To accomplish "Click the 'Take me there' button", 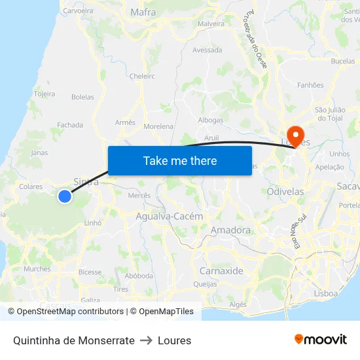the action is point(179,160).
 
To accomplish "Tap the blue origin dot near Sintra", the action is point(64,196).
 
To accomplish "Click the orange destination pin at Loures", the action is point(296,135).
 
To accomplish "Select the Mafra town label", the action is point(143,12).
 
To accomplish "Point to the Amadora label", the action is point(230,230).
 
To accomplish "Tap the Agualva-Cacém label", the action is point(170,216).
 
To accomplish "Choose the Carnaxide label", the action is point(221,271).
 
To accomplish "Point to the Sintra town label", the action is point(86,182).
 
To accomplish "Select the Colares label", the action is point(31,187).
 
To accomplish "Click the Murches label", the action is point(37,268).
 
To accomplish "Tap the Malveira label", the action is point(211,24).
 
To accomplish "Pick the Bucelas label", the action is point(343,61).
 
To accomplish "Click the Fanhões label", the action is point(310,85).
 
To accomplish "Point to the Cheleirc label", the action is point(142,76).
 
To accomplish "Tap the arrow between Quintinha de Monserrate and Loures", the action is point(146,340).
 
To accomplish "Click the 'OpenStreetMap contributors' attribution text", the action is point(70,312).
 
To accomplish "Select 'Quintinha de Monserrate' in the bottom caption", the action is point(73,340).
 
